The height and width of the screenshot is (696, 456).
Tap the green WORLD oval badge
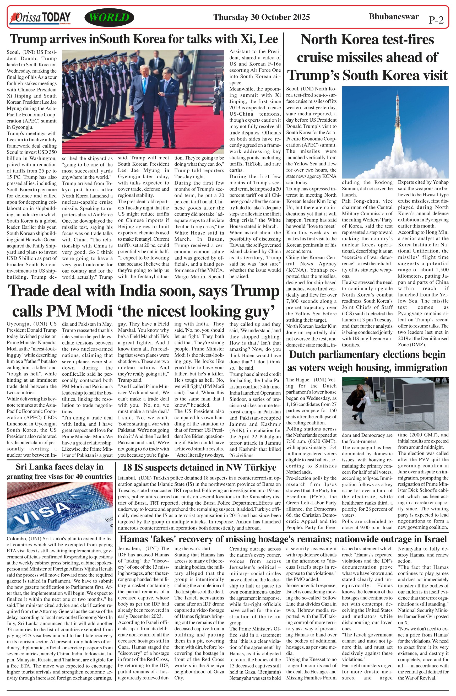(109, 18)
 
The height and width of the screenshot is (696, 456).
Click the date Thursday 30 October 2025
(261, 17)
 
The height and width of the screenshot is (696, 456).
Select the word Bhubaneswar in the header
(393, 16)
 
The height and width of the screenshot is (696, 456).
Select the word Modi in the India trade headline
(98, 311)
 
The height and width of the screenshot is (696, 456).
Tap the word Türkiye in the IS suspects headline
(260, 467)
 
